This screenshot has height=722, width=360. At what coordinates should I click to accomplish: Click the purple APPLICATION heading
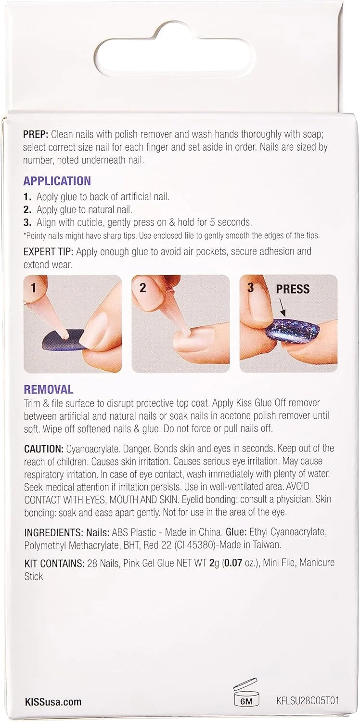coord(57,181)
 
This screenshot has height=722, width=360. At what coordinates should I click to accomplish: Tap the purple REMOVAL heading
coord(49,389)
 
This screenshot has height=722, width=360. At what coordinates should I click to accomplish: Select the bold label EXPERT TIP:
coord(48,251)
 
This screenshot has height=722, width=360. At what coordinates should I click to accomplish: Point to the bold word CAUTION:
coord(44,448)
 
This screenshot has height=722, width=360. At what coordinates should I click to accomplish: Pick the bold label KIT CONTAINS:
coord(54,563)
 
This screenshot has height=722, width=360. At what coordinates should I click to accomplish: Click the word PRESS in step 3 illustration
coord(293,289)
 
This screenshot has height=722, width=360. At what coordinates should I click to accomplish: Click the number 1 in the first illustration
coord(33,287)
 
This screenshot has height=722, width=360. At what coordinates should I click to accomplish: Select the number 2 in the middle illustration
coord(142,287)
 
